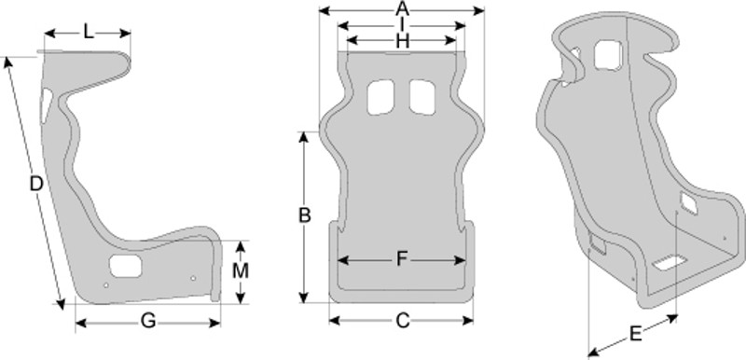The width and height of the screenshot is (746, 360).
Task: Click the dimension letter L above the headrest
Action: [88, 32]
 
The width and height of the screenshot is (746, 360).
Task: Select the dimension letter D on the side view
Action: [36, 184]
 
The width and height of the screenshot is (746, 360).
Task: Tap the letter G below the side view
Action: [148, 322]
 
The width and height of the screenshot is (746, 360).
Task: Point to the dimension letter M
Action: [241, 271]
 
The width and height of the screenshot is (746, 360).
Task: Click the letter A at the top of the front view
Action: [402, 8]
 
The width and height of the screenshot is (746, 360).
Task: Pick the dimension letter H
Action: [403, 42]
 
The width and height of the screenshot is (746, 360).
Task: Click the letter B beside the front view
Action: [305, 215]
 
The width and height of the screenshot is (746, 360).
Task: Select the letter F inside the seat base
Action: [403, 259]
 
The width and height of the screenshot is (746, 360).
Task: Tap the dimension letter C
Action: [403, 322]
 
